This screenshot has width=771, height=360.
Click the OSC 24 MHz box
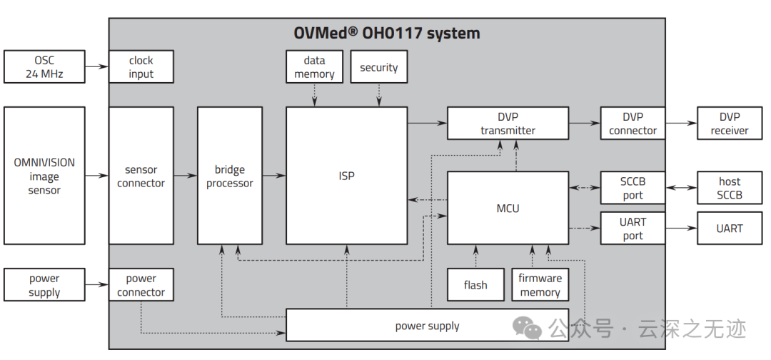point(44,66)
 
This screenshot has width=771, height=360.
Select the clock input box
point(141,66)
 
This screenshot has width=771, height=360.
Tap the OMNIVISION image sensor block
point(44,176)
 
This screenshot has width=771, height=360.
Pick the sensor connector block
point(141,176)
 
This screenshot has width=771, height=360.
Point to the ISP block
point(346,176)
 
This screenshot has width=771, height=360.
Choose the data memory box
point(314,67)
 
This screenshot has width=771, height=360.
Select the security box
point(378,67)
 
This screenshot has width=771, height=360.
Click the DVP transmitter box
point(508,123)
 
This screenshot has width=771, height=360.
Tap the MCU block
point(508,208)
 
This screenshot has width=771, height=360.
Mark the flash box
point(475,285)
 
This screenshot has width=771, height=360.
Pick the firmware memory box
point(540,285)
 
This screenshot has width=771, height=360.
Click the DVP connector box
point(633,123)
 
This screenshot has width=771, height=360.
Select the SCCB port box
point(633,188)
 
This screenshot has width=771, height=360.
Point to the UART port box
point(633,229)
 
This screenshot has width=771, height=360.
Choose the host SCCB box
point(729,188)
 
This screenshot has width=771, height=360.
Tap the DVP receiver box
point(729,123)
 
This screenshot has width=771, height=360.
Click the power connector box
point(141,285)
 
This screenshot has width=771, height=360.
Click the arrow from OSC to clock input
point(96,66)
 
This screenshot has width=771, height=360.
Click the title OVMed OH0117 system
point(387,33)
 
